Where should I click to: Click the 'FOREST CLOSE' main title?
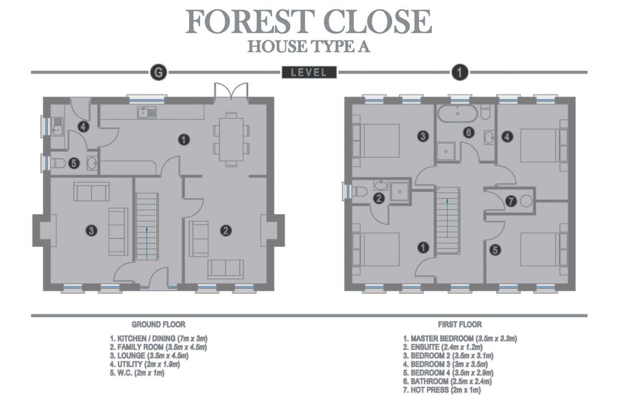[308, 21]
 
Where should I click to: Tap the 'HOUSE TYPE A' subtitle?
[308, 47]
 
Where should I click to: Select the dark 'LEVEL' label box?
[308, 72]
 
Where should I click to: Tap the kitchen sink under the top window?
[146, 113]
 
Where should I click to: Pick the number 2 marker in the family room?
[225, 231]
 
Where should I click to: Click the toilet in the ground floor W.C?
[60, 163]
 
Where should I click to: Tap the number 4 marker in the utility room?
[83, 127]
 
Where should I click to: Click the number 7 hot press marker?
[511, 201]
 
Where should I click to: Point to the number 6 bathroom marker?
[468, 132]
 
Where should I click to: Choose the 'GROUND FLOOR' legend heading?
[158, 324]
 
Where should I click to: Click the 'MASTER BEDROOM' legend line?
[459, 339]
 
